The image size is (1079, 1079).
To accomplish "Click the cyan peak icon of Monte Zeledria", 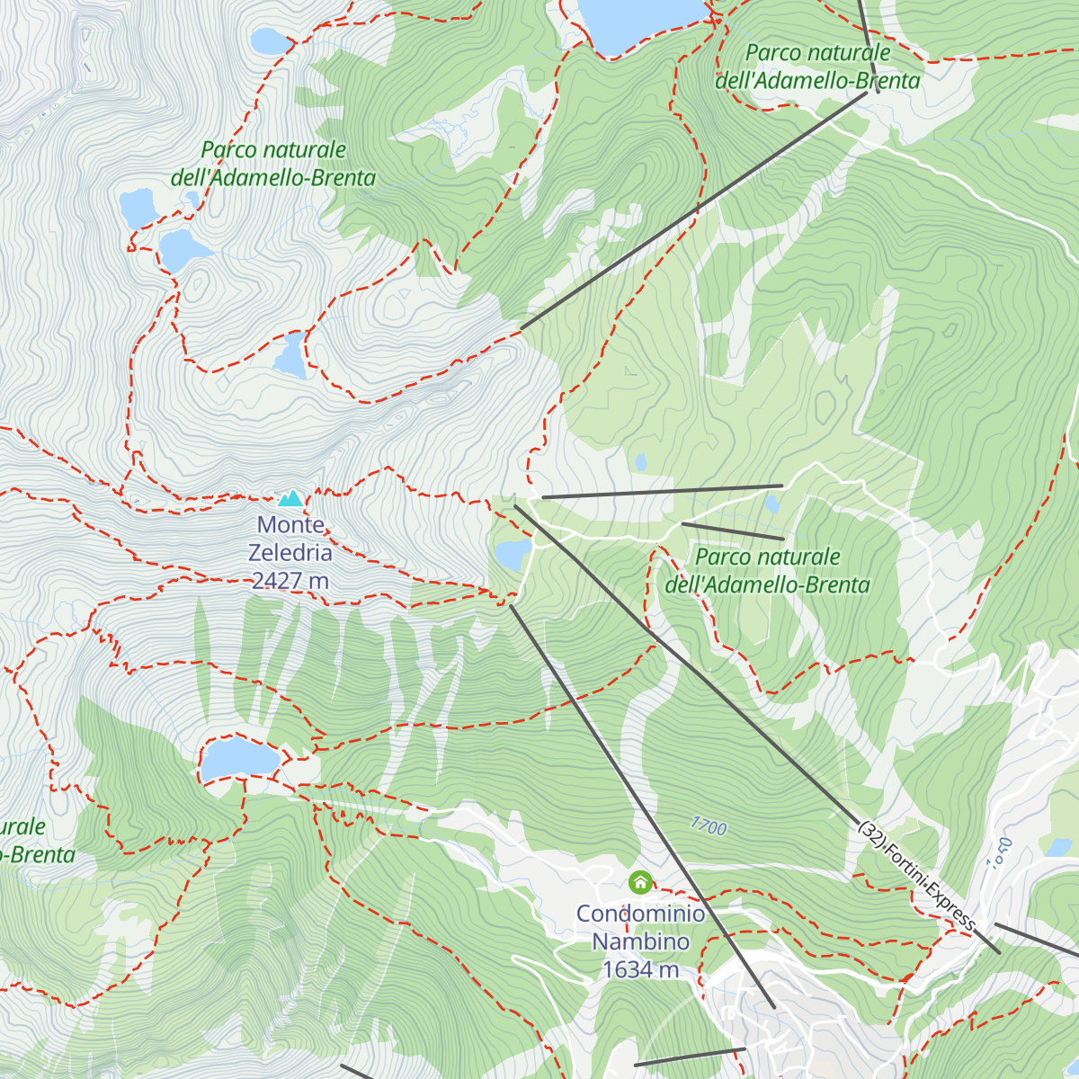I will (290, 498).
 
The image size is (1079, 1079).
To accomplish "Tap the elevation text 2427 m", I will (290, 581).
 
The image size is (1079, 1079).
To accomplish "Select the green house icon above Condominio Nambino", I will (640, 883).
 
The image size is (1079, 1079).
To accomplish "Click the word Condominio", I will (640, 914).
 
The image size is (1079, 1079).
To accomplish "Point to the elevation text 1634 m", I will (640, 969).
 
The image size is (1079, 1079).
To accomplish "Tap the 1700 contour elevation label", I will (709, 825).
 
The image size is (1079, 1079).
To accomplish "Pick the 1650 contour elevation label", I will (1000, 852).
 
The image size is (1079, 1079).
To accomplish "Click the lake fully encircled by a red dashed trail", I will (239, 759).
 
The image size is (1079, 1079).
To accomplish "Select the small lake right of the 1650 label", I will (1059, 847).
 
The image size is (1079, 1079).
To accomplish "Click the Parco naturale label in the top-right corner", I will (817, 67).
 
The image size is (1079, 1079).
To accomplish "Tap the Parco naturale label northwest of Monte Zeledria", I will (273, 164).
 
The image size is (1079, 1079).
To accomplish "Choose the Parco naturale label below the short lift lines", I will (767, 571).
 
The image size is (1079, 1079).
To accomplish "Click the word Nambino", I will (640, 941).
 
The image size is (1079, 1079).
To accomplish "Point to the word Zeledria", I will (290, 552).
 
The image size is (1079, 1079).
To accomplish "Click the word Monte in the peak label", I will (290, 524).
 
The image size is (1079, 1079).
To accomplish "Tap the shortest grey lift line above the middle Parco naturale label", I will (732, 531).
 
